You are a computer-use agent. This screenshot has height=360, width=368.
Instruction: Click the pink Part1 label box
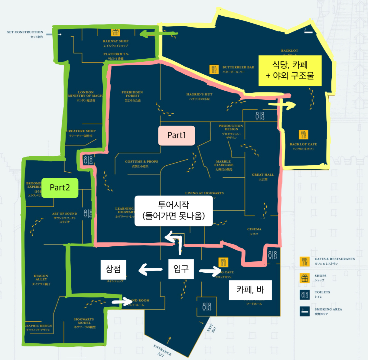click(177, 135)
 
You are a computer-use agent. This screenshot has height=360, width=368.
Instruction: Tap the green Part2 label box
click(60, 188)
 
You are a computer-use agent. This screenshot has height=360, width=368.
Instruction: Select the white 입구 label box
click(181, 268)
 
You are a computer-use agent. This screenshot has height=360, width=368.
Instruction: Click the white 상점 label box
click(113, 269)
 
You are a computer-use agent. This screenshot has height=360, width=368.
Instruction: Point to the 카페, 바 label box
click(250, 290)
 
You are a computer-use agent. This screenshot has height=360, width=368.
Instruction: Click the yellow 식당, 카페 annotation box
click(290, 70)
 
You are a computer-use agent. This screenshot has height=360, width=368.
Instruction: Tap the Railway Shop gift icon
click(116, 32)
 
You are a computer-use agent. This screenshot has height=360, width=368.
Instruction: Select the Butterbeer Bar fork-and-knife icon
click(214, 70)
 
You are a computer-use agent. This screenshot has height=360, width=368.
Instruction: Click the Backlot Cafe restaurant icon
click(303, 135)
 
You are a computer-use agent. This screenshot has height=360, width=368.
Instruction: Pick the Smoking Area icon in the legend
click(305, 311)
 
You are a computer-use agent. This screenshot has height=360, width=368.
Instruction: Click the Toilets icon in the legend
click(305, 294)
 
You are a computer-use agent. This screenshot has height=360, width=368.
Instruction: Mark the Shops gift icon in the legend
click(305, 277)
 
